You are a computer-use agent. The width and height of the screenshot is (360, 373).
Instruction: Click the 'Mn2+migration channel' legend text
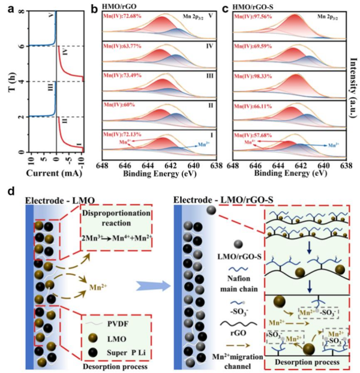[x=232, y=350]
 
